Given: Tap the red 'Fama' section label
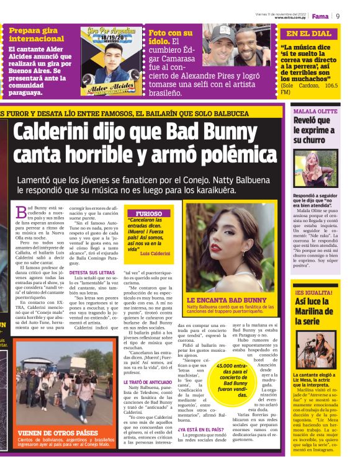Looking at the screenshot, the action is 320,16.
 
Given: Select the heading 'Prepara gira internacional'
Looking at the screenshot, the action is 36,34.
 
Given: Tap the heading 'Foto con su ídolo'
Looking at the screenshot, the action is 171,37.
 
